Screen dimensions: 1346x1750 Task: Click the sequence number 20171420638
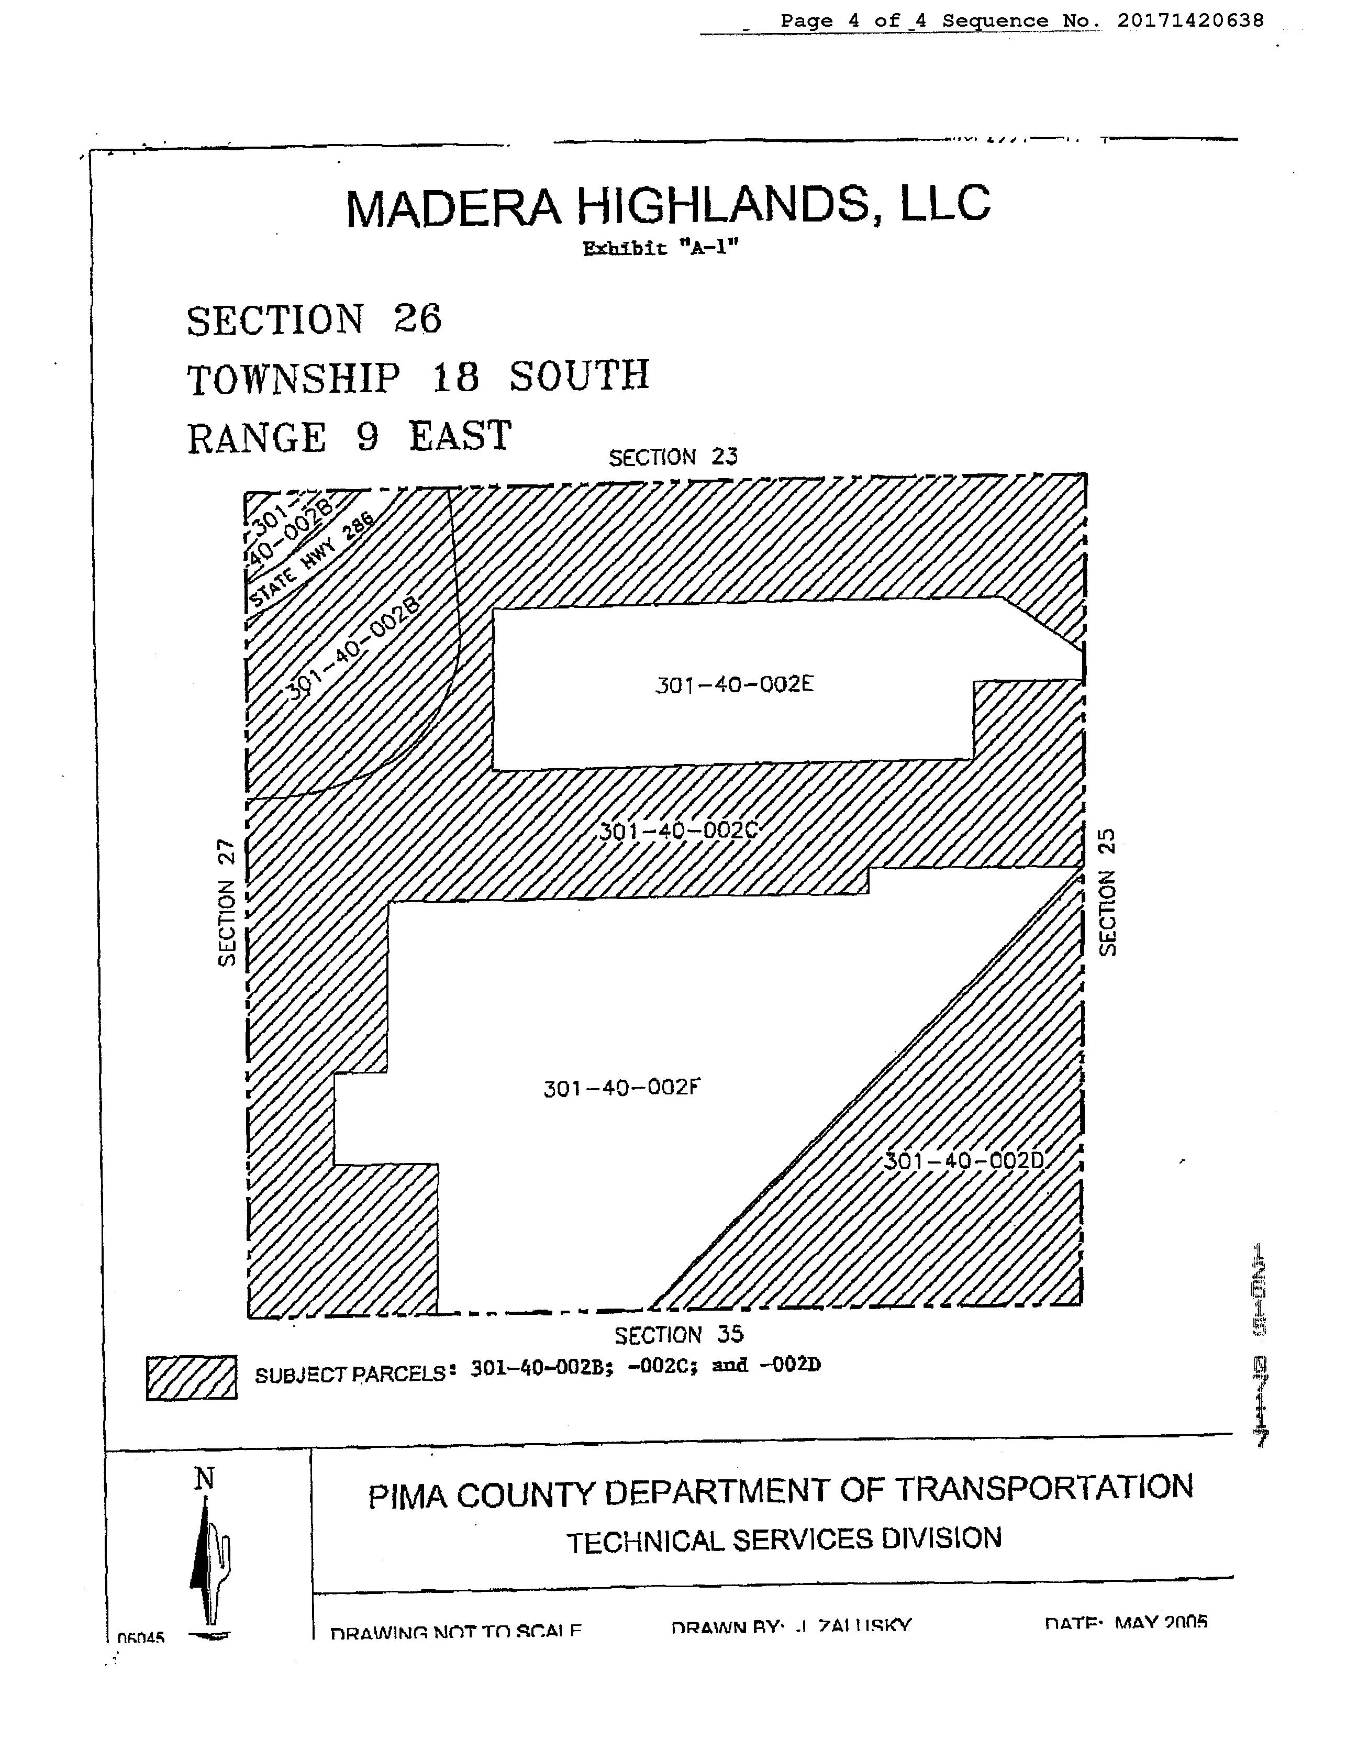click(x=1190, y=21)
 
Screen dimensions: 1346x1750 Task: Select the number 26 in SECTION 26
click(x=417, y=319)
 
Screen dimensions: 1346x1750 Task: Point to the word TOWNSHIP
click(x=293, y=378)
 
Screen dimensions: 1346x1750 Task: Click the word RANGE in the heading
click(x=257, y=438)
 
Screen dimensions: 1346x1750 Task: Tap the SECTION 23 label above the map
click(x=673, y=458)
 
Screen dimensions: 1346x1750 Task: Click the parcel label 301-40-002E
click(x=734, y=685)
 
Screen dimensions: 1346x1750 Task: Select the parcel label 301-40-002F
click(x=622, y=1088)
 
